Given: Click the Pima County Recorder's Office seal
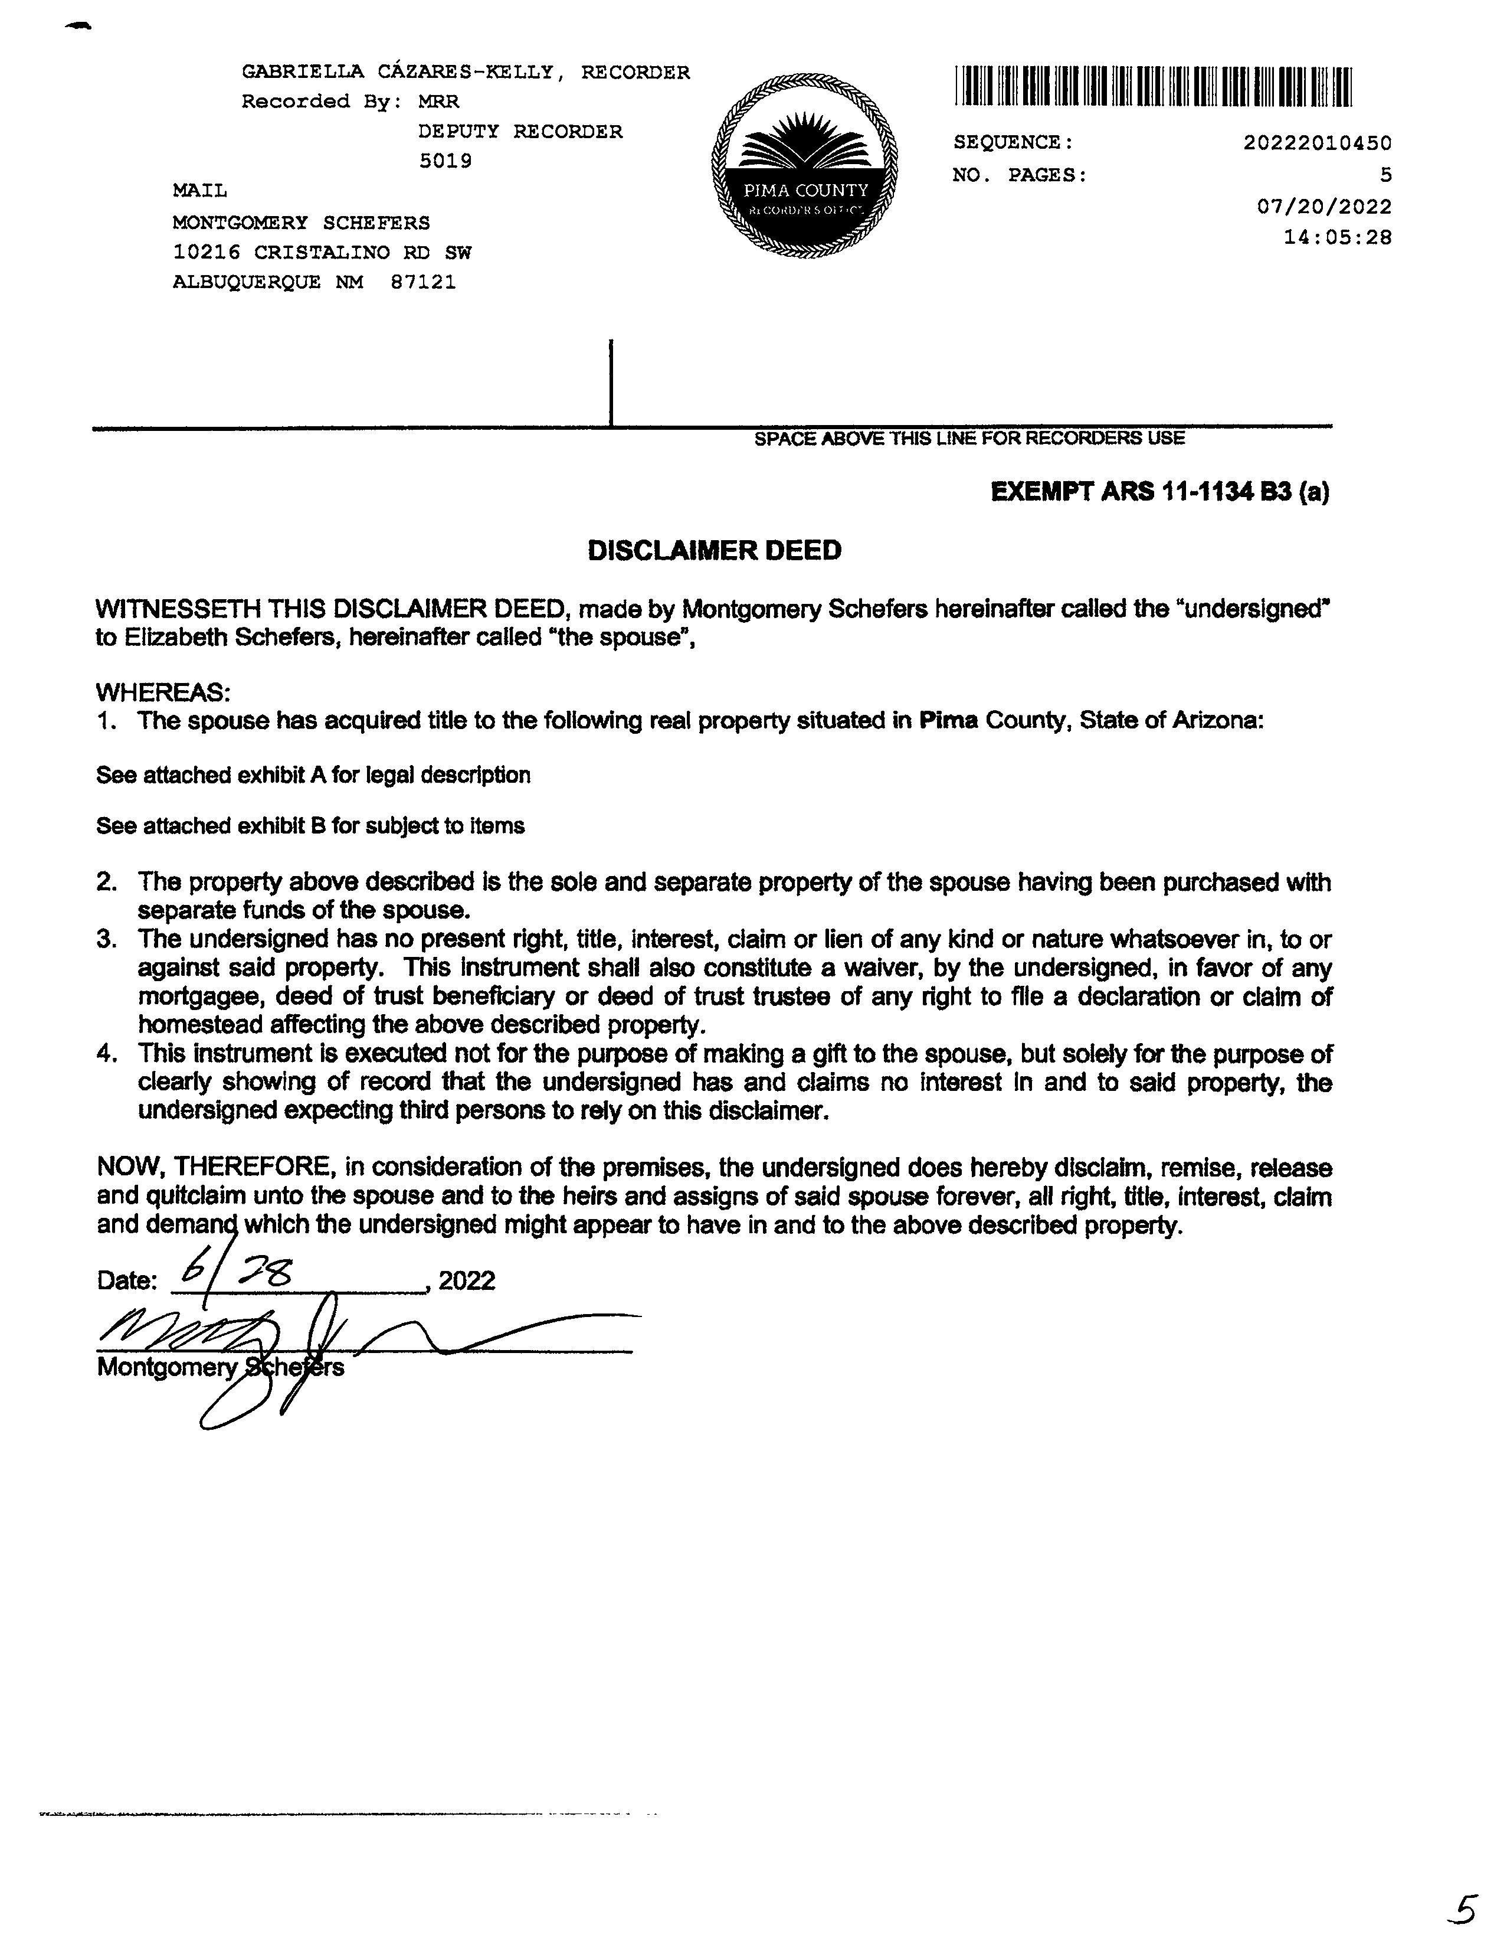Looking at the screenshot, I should pos(804,166).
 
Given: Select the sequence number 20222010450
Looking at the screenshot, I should pos(1317,142).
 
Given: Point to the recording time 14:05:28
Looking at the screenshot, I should pos(1337,237).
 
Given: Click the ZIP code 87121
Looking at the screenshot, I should pos(423,282).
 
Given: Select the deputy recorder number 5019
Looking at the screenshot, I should pos(445,161).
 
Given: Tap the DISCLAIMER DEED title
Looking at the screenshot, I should pos(715,550).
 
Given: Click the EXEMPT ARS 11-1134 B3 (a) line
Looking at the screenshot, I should pos(1159,492).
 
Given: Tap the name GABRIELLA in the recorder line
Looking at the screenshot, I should pos(294,72).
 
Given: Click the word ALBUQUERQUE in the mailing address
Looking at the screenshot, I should pos(246,282).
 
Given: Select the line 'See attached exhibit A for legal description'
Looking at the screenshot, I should pos(313,775).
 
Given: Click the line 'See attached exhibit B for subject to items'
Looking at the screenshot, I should pos(310,826).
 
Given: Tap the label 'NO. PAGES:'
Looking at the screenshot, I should pos(1019,175).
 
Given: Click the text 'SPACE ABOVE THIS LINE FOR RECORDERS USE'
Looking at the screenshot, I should pos(968,438).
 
